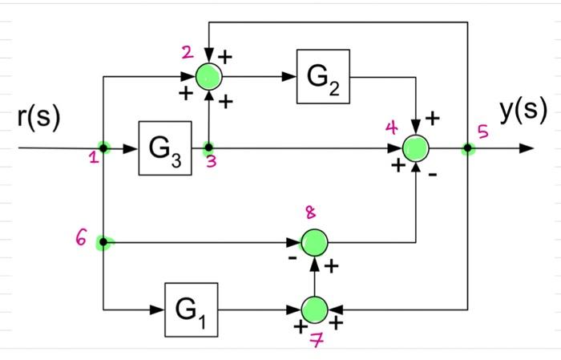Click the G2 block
[x=323, y=77]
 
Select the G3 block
[x=164, y=148]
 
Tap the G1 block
[x=192, y=309]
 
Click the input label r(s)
[x=38, y=116]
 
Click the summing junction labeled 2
[x=208, y=77]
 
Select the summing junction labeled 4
[x=416, y=148]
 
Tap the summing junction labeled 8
[x=313, y=241]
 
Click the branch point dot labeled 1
[x=104, y=148]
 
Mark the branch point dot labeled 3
[x=208, y=148]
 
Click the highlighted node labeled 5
[x=467, y=148]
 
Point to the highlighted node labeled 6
[x=103, y=241]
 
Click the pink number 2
[x=187, y=53]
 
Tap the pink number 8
[x=310, y=212]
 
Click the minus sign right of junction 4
[x=433, y=176]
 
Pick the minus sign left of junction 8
[x=293, y=258]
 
